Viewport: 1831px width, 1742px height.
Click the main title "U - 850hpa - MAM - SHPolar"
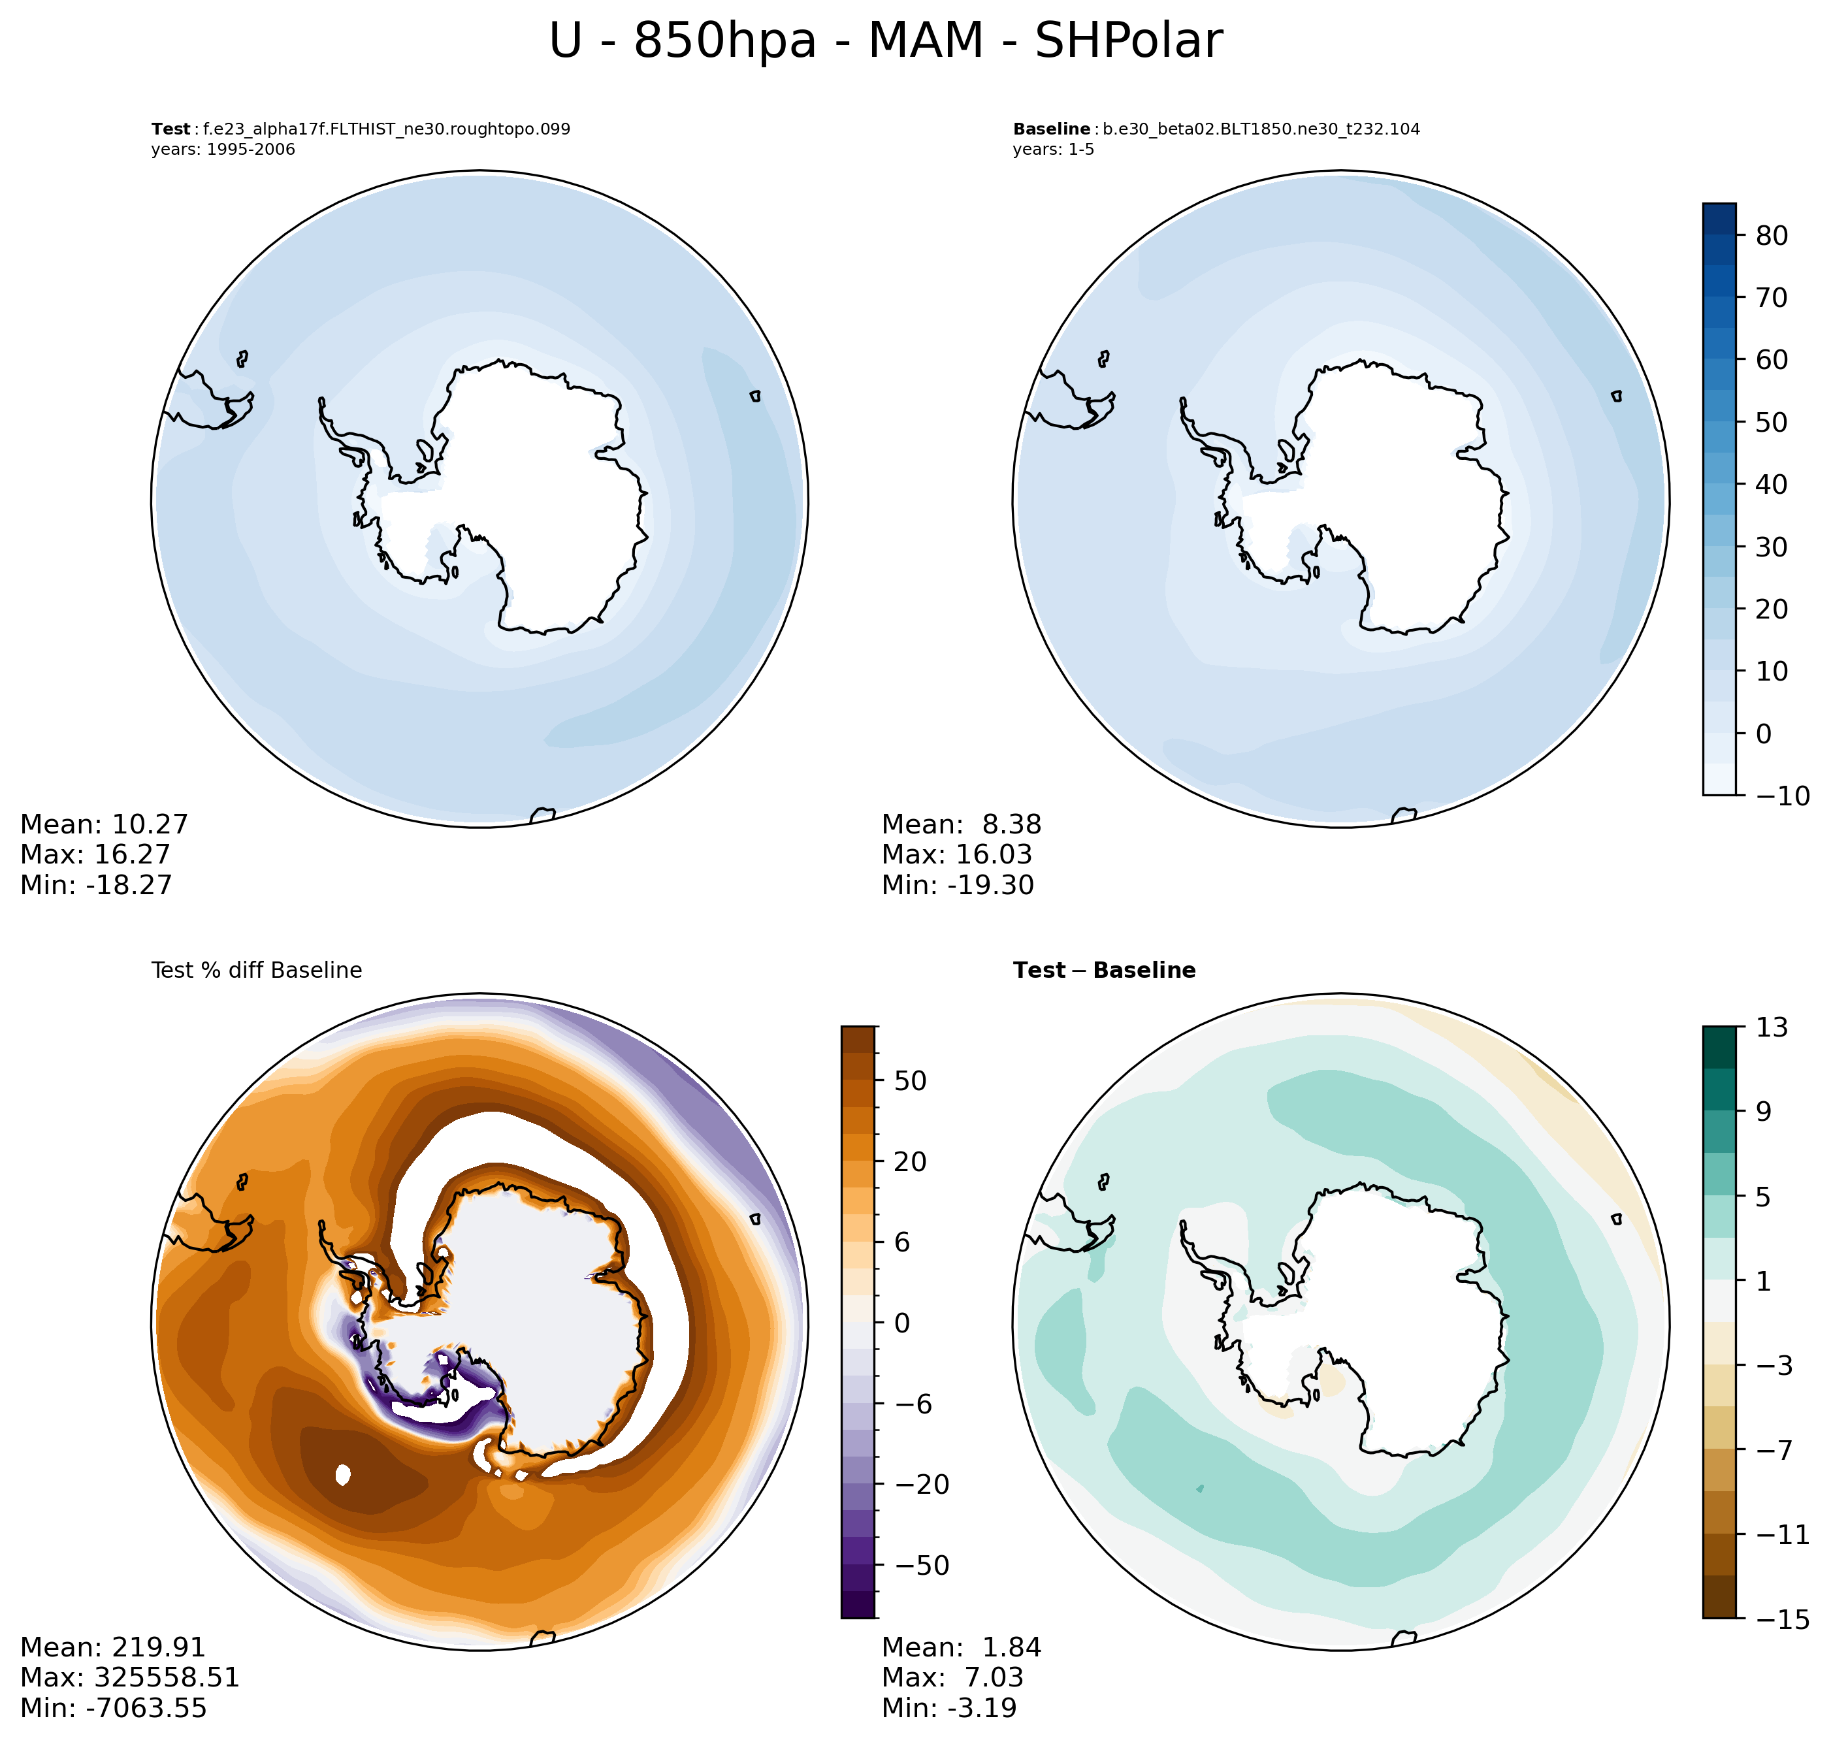pos(885,42)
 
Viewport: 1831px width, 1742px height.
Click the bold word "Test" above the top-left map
pos(171,129)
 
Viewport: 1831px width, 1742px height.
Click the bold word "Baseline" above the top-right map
pos(1051,129)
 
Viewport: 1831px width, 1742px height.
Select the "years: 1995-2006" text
pos(223,150)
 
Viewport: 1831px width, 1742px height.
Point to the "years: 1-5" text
pos(1053,150)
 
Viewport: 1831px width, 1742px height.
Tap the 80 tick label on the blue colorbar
pos(1772,236)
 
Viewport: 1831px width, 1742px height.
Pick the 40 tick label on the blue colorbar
pos(1772,485)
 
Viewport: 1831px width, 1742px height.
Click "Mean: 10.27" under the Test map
pos(104,824)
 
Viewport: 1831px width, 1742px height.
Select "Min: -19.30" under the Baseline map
pos(957,885)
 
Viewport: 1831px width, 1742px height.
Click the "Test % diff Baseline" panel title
pos(256,971)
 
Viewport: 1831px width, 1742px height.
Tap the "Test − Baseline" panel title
pos(1104,971)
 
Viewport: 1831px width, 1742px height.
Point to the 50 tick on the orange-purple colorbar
pos(909,1081)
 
